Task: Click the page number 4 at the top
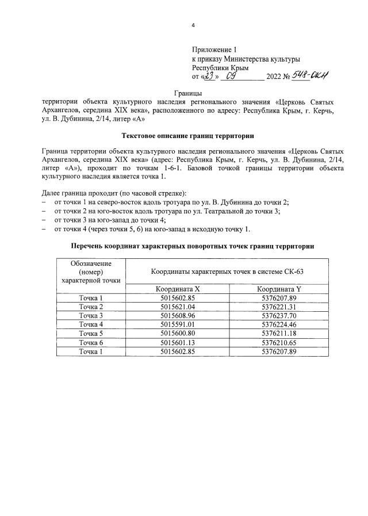193,26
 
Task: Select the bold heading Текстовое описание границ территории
188,136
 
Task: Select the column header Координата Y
278,289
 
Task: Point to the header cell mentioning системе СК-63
227,271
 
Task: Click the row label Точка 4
90,324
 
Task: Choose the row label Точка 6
90,342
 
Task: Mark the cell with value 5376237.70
278,316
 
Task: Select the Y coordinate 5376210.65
278,342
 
